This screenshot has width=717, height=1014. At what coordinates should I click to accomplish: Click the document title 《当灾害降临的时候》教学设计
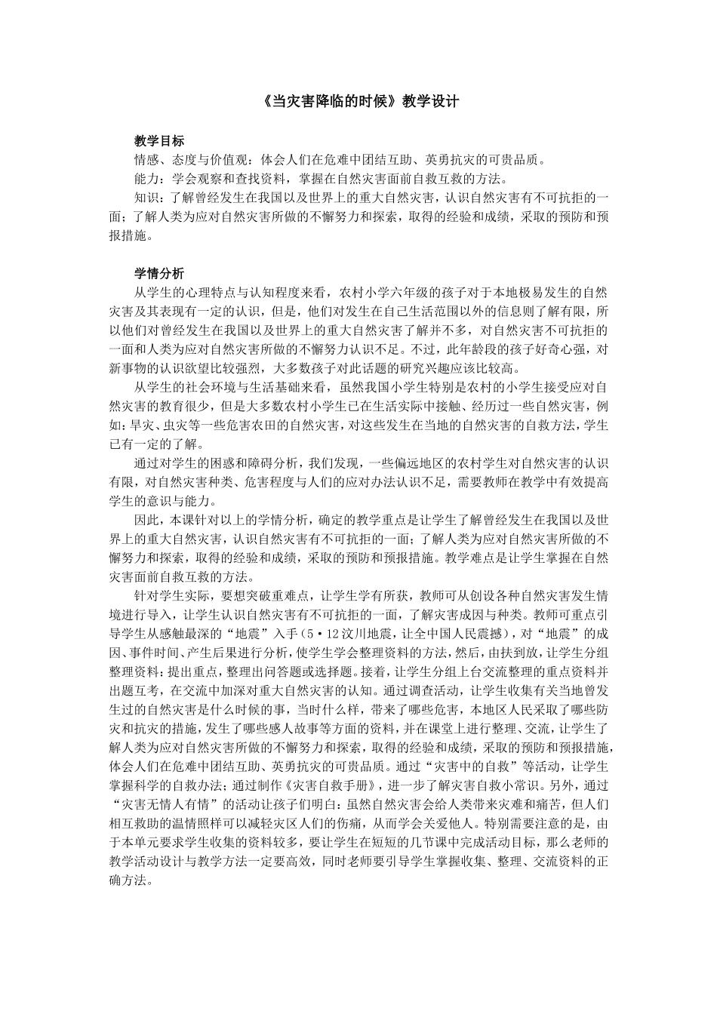(358, 101)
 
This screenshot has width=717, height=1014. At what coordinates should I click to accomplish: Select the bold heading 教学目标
(159, 140)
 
